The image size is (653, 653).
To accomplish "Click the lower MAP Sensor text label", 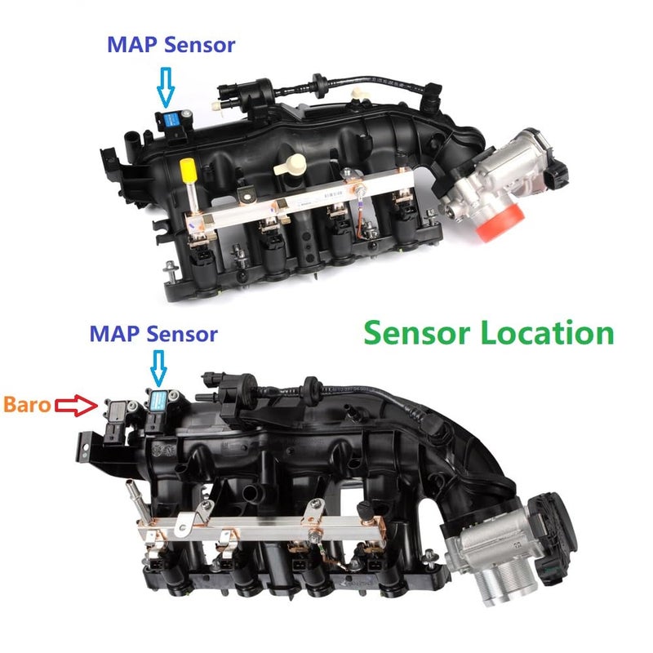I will [x=153, y=333].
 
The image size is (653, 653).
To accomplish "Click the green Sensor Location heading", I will [x=488, y=333].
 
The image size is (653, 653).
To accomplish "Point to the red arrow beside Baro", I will [x=74, y=403].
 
